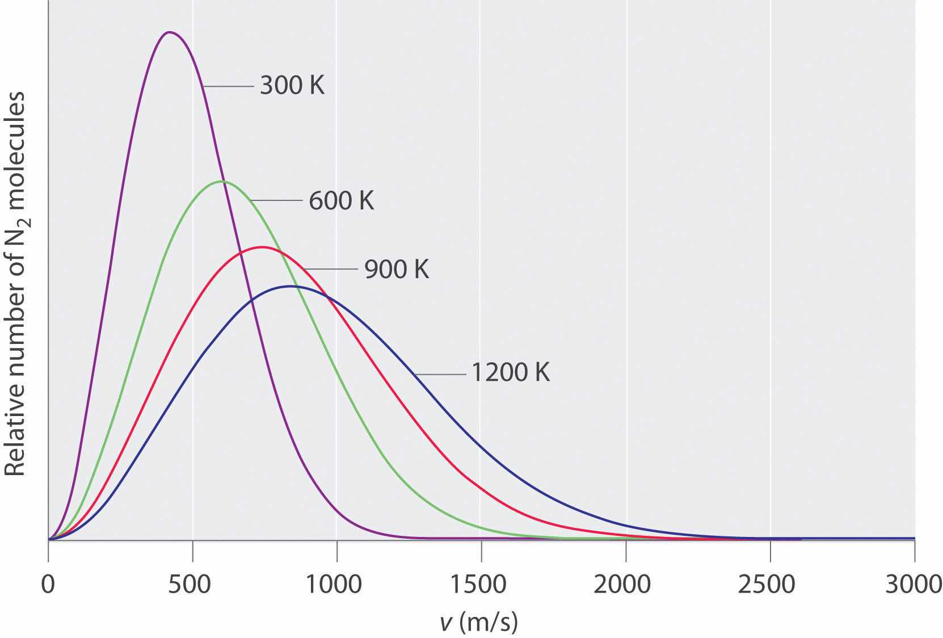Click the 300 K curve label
292,86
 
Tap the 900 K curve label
396,268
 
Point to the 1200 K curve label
510,373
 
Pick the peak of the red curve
261,247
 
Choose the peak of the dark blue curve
291,286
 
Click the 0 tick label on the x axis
49,585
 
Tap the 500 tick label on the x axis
193,585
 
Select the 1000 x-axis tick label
337,585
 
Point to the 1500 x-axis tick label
481,585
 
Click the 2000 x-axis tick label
626,585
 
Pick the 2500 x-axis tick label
770,585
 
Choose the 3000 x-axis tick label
913,585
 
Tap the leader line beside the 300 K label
228,86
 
